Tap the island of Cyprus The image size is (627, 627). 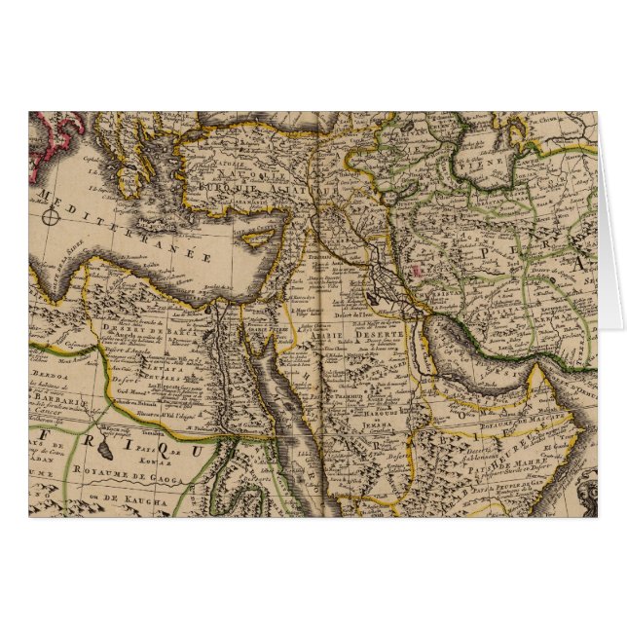point(260,238)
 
